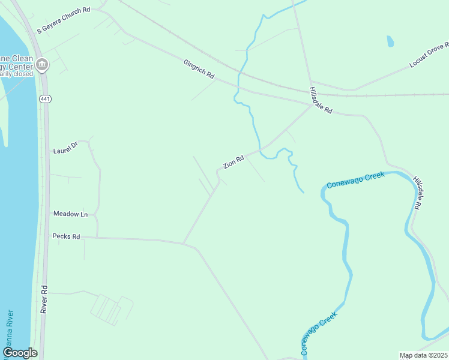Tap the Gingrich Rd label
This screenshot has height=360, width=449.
click(x=199, y=68)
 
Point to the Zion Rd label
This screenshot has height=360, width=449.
click(x=234, y=162)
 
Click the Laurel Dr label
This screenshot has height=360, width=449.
click(x=65, y=148)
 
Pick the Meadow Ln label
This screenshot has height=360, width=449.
click(x=70, y=214)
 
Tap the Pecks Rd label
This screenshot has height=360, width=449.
click(x=66, y=236)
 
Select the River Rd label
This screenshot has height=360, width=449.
click(x=44, y=298)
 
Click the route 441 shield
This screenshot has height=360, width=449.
click(x=45, y=98)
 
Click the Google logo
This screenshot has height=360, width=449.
click(x=20, y=353)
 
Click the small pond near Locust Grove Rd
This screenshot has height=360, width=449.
click(x=390, y=41)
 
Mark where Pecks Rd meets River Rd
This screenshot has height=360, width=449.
click(x=47, y=236)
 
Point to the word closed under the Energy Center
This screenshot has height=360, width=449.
click(x=21, y=74)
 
